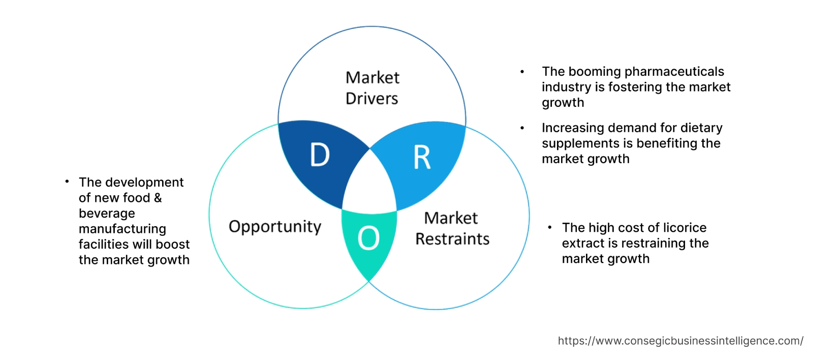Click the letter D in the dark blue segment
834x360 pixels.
coord(320,155)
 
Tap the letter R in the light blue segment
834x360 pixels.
coord(422,158)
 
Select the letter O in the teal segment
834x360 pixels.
coord(368,238)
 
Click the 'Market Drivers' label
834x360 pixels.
coord(372,88)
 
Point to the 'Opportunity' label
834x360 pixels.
coord(275,227)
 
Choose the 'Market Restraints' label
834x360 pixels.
coord(452,228)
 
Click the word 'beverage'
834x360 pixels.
coord(107,214)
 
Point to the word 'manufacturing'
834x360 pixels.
coord(122,229)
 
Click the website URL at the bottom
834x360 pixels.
coord(681,341)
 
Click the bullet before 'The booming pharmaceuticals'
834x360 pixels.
coord(522,72)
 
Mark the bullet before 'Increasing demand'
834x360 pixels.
coord(522,128)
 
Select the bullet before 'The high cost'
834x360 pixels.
coord(550,228)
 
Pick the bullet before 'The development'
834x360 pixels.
coord(67,182)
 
